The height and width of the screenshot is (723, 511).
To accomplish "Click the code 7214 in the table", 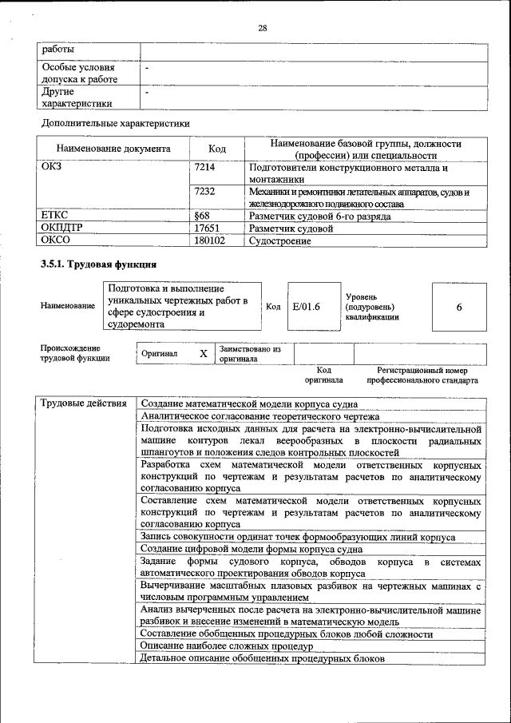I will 205,169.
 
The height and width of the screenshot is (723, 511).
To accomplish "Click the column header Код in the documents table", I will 216,149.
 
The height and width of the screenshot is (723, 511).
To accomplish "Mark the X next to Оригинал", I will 203,353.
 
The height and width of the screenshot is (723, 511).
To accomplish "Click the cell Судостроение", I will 280,240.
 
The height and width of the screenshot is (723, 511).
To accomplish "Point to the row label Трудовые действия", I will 84,403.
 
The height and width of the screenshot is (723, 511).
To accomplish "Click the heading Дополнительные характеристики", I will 115,123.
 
